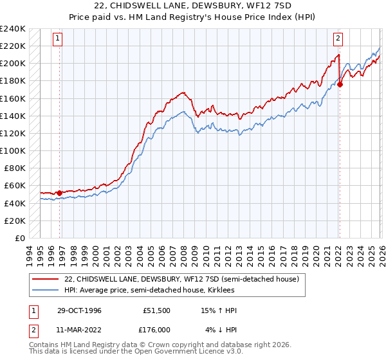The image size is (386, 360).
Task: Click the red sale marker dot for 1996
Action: tap(59, 193)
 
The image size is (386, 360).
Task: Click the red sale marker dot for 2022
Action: tap(340, 84)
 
